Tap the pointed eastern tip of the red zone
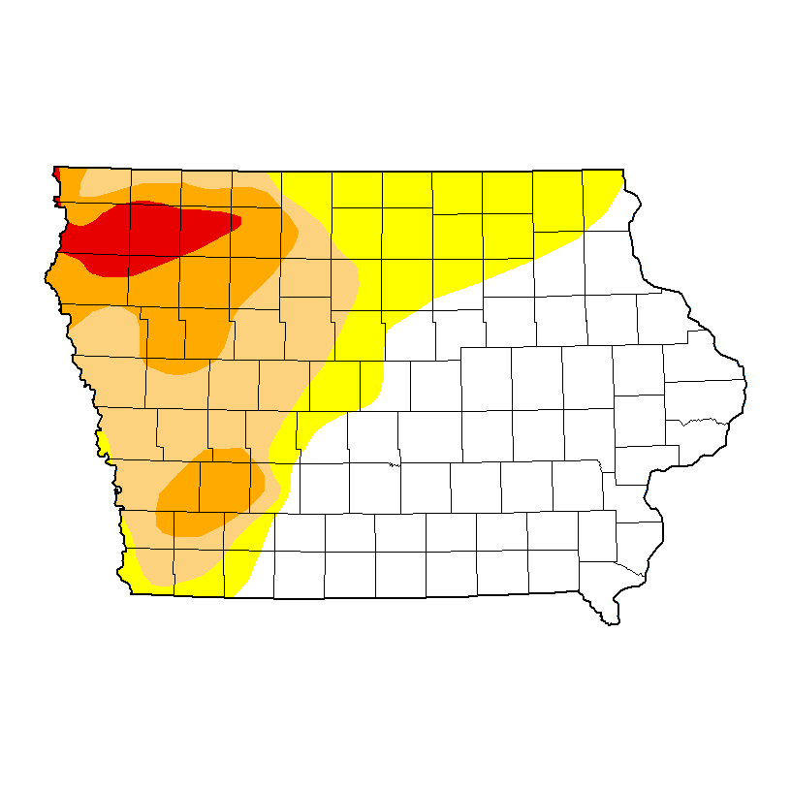237,222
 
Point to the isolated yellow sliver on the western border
101,443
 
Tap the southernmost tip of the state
612,621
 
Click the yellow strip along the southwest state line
194,587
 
